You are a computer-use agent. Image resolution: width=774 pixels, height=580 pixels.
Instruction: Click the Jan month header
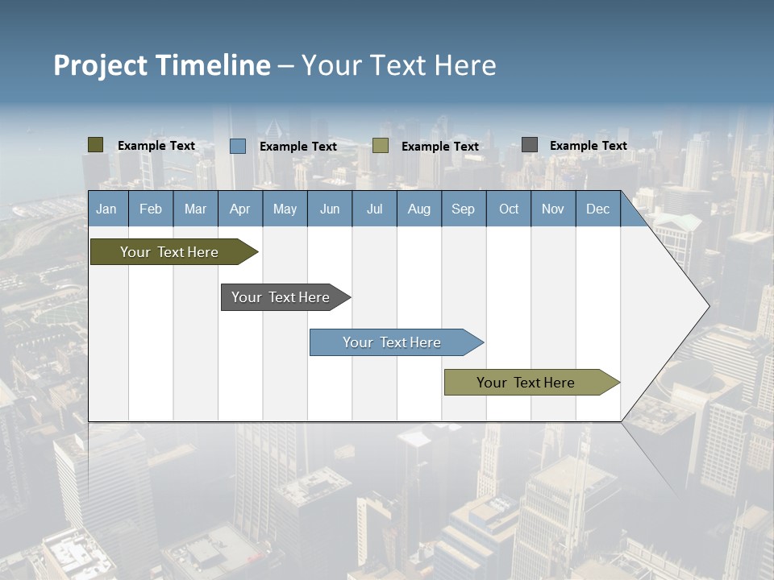(x=106, y=209)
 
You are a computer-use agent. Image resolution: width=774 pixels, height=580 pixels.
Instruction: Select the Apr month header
(x=240, y=209)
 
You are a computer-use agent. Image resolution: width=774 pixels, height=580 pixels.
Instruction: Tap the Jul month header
(x=374, y=209)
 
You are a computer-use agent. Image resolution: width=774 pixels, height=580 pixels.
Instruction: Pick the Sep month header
(x=463, y=209)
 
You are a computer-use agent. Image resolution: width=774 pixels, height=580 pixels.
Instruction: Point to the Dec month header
(x=597, y=209)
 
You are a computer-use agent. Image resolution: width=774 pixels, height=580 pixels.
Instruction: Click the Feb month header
(x=151, y=209)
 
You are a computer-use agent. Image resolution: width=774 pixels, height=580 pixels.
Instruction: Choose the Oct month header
(x=509, y=209)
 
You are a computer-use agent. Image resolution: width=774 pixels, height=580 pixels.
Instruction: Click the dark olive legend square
(x=96, y=145)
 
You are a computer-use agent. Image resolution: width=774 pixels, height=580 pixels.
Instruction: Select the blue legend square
(x=238, y=146)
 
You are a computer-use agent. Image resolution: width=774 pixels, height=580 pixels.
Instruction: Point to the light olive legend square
(x=381, y=146)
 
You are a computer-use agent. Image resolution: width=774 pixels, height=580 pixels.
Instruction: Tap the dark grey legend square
(x=530, y=145)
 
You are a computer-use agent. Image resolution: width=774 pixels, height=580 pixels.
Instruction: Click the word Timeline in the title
(x=213, y=65)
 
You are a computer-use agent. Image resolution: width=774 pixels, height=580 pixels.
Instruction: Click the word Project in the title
(x=101, y=65)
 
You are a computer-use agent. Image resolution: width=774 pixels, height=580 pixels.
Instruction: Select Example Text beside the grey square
(x=588, y=146)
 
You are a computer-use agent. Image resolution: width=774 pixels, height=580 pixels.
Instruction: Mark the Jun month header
(x=330, y=209)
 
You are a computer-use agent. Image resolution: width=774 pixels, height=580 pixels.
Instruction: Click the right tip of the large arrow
(x=707, y=305)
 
